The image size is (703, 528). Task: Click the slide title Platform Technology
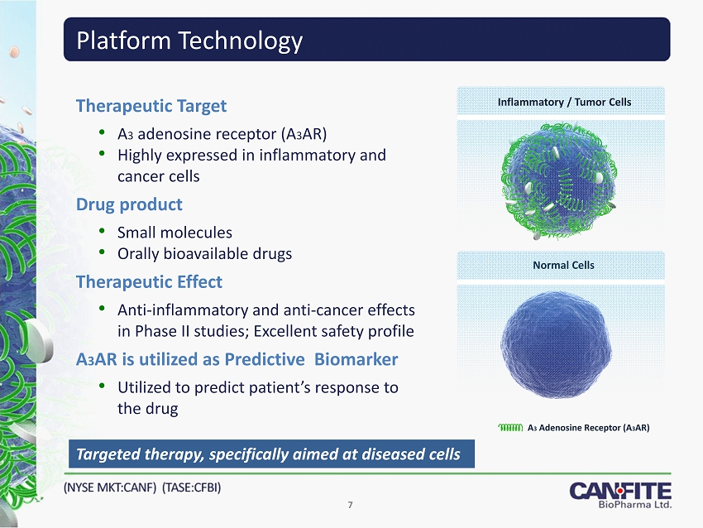click(x=189, y=41)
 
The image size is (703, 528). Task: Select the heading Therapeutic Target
click(x=151, y=106)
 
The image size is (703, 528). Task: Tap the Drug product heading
click(x=129, y=204)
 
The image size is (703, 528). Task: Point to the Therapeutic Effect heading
click(x=149, y=282)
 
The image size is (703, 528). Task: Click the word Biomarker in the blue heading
click(x=356, y=359)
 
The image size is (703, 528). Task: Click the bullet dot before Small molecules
click(x=103, y=232)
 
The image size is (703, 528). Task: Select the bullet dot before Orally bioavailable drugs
click(x=103, y=252)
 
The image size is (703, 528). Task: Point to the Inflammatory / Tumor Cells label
click(x=564, y=103)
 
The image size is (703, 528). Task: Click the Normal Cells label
click(x=563, y=265)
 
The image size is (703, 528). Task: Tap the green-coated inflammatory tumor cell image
click(x=560, y=180)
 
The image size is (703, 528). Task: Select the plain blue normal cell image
click(x=557, y=344)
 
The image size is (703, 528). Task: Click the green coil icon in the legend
click(x=510, y=428)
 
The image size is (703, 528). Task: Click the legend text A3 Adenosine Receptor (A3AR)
click(x=588, y=428)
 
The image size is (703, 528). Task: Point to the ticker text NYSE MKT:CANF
click(x=110, y=487)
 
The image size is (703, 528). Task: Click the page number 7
click(x=350, y=505)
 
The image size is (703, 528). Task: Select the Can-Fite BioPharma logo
click(x=620, y=495)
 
